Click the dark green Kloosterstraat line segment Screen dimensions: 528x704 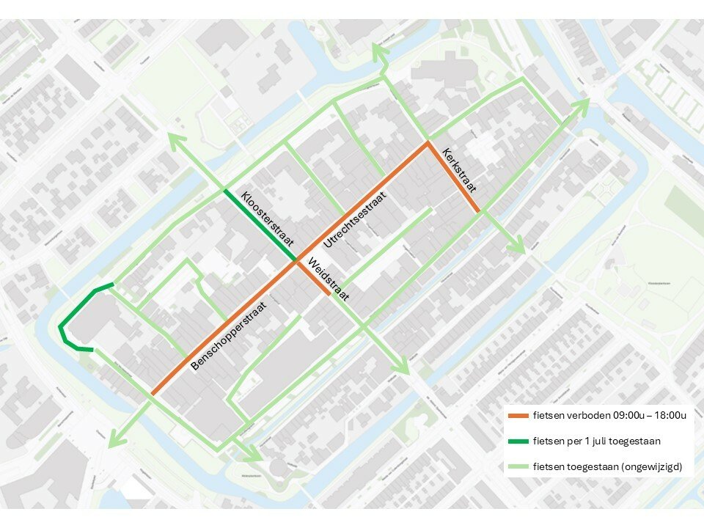coord(260,224)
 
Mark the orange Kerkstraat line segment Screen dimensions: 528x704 coord(453,177)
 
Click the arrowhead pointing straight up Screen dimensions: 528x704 coord(379,51)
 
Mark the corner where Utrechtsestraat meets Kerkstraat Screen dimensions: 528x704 coord(428,143)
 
